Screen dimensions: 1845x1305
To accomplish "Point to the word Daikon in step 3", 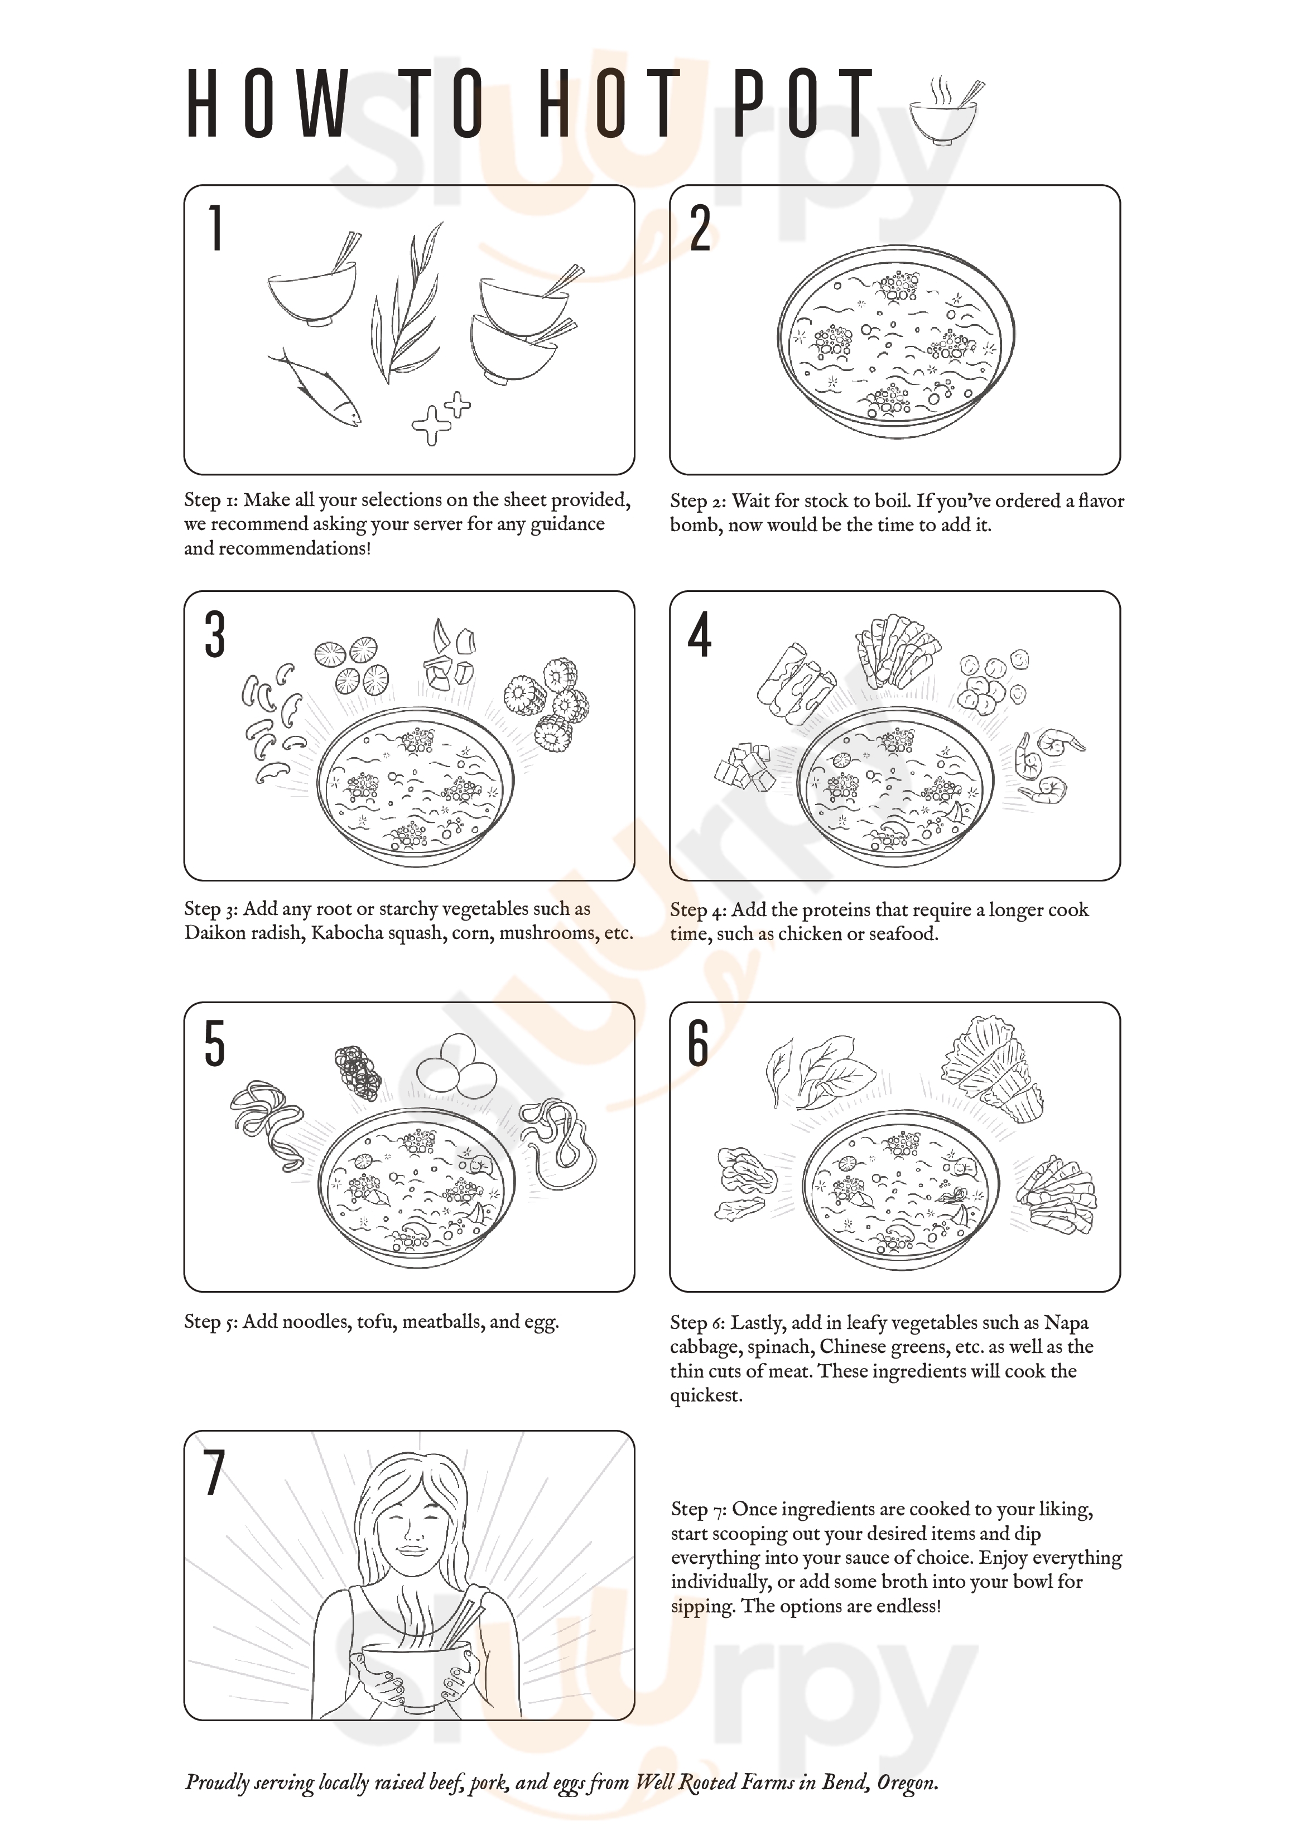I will (x=215, y=933).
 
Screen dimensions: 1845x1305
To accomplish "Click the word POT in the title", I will (x=803, y=104).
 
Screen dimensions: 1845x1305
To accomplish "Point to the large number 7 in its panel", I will (x=213, y=1473).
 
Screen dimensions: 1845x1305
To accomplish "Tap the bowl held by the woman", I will (x=416, y=1672).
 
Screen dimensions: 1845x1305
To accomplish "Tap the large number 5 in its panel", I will (x=214, y=1044).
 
